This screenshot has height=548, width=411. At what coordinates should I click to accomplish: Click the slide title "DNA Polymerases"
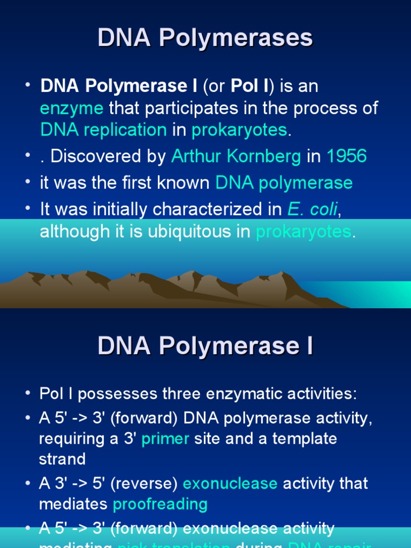coord(205,39)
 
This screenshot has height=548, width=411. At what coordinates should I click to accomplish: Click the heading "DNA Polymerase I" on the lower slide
coord(205,346)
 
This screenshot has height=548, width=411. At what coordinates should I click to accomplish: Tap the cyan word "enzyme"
coord(72,108)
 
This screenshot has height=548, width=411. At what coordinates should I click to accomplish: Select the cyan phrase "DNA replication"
coord(103,130)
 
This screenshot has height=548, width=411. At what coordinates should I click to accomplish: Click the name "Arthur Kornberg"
coord(236,156)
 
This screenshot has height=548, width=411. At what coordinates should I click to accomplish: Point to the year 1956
coord(347,156)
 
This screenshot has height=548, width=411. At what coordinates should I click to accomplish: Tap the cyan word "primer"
coord(165,439)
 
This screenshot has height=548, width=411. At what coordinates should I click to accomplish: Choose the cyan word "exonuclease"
coord(230,483)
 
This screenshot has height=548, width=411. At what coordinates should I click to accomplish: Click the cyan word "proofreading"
coord(160,504)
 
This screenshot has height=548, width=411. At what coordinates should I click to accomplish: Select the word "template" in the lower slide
coord(305,439)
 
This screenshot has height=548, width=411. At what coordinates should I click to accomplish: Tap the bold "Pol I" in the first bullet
coord(248,86)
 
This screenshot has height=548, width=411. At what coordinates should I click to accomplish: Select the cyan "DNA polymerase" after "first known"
coord(284,183)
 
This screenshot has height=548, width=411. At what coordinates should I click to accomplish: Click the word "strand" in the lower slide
coord(62,459)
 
